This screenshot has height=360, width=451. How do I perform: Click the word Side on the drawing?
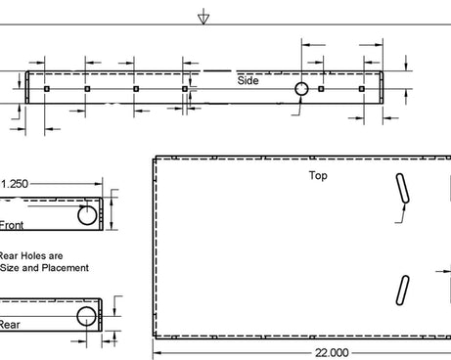[248, 80]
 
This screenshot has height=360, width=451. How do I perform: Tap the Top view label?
[318, 176]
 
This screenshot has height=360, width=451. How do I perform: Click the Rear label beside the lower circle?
[9, 325]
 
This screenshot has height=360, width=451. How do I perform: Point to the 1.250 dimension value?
[16, 183]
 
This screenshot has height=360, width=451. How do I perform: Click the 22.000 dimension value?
[330, 352]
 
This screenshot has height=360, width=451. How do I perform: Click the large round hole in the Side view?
[301, 89]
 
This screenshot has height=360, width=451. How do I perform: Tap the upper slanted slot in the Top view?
[401, 187]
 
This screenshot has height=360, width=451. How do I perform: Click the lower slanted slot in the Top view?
[402, 289]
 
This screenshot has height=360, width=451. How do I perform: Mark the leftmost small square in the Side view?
[47, 89]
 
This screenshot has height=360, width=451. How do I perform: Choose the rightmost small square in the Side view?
[362, 89]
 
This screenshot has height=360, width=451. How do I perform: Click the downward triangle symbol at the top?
[203, 18]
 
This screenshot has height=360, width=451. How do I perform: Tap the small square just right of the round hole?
[322, 89]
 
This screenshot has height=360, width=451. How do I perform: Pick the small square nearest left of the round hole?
[185, 89]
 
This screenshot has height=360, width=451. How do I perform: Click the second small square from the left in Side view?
[87, 89]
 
